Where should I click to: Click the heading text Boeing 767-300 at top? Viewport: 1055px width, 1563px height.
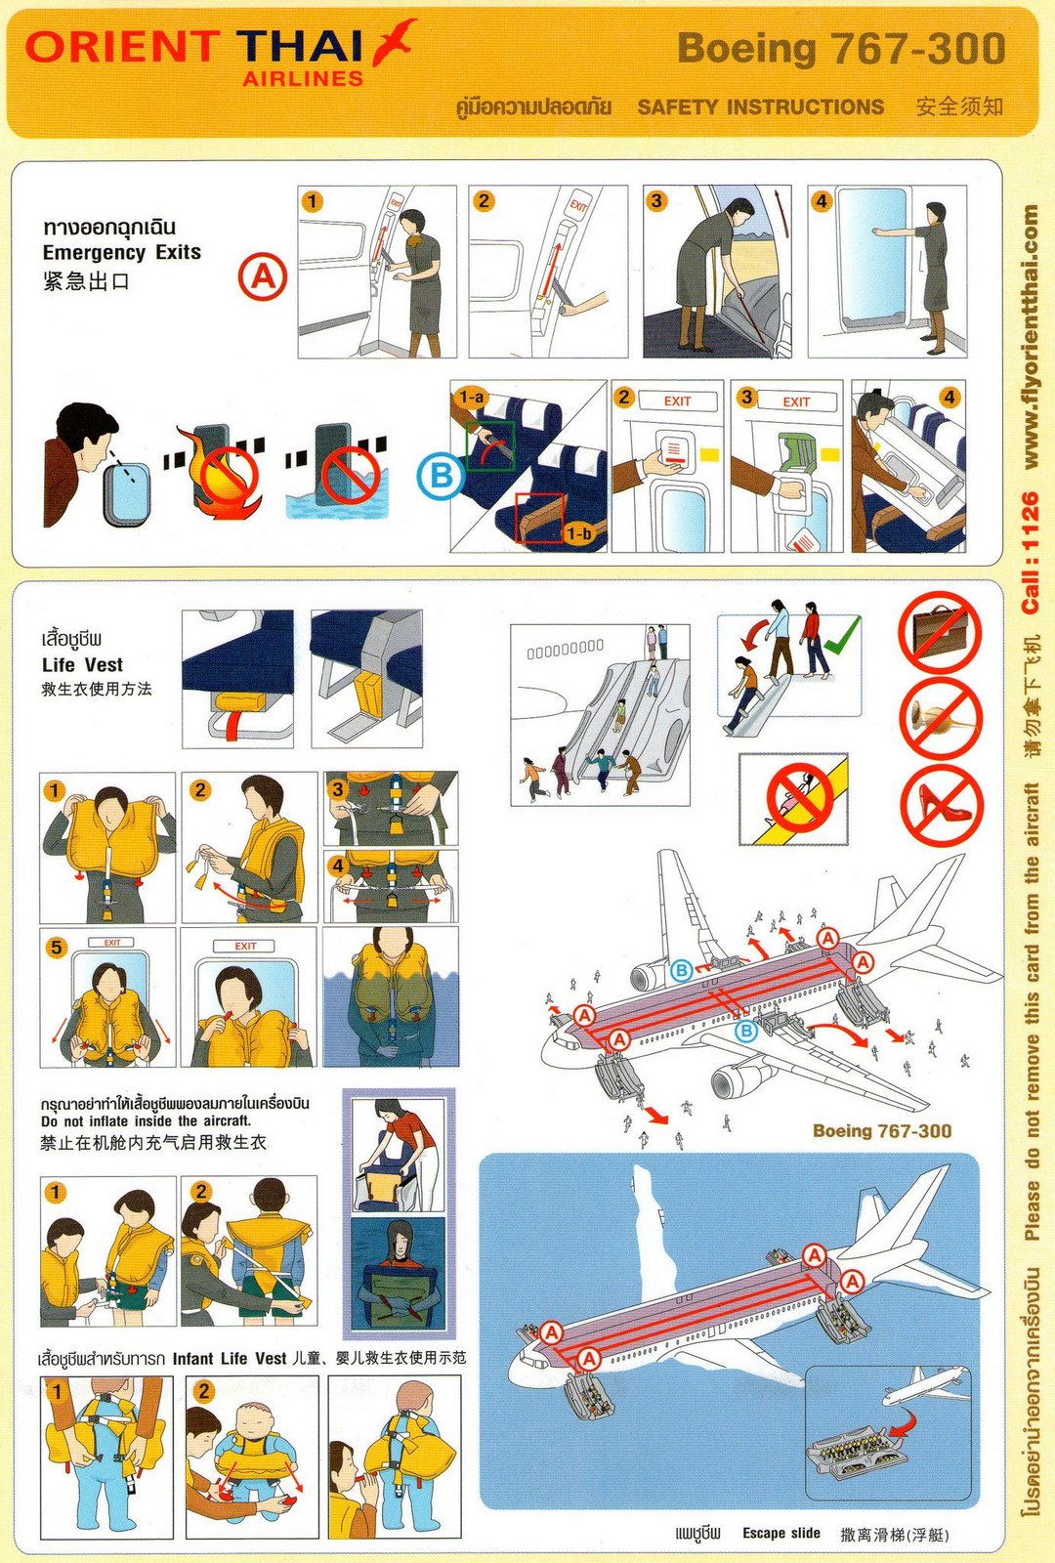pyautogui.click(x=841, y=49)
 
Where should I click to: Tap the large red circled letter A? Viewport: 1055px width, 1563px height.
pyautogui.click(x=263, y=277)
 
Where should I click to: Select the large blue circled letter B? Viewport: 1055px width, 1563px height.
pyautogui.click(x=441, y=476)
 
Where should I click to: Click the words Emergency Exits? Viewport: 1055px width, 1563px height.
pyautogui.click(x=121, y=253)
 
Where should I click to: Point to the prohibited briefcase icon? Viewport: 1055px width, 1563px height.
pyautogui.click(x=940, y=631)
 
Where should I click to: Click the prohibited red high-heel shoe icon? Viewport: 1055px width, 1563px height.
pyautogui.click(x=942, y=805)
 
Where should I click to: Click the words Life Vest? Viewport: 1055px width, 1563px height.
pyautogui.click(x=82, y=664)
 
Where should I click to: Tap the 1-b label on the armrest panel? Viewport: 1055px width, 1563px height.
pyautogui.click(x=578, y=533)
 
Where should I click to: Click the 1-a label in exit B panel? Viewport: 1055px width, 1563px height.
pyautogui.click(x=471, y=398)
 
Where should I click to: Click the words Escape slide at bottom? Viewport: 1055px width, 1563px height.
pyautogui.click(x=781, y=1533)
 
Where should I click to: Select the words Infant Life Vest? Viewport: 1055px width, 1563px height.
pyautogui.click(x=229, y=1359)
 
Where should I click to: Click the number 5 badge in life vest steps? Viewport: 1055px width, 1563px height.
pyautogui.click(x=56, y=948)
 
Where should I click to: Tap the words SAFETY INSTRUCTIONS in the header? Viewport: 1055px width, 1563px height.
pyautogui.click(x=761, y=106)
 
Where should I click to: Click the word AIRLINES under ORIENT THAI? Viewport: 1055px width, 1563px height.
pyautogui.click(x=303, y=79)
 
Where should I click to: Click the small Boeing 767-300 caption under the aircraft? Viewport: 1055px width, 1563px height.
pyautogui.click(x=882, y=1130)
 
